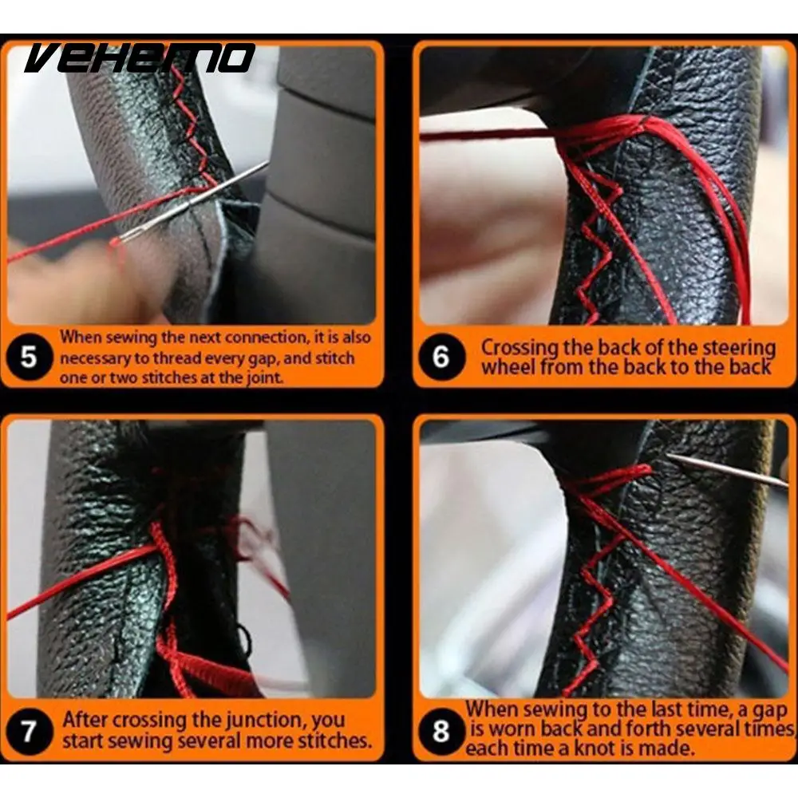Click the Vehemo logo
coord(140,57)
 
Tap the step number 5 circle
coord(29,357)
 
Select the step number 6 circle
coord(441,357)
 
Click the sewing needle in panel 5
coord(190,203)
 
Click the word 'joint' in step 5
coord(264,378)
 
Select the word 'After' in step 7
coord(85,720)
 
